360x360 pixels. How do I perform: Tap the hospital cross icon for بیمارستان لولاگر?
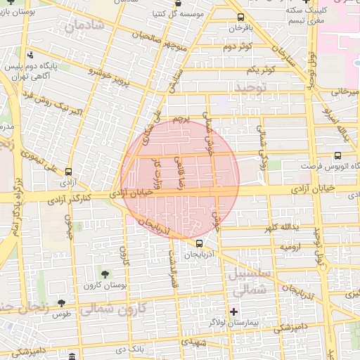tap(234, 311)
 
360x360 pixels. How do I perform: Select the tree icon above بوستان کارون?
tap(105, 274)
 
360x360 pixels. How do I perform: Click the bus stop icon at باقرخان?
tap(241, 18)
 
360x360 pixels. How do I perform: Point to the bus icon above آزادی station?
tap(68, 172)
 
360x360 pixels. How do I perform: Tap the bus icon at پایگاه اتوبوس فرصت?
tap(338, 156)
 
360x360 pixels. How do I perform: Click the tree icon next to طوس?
tap(61, 303)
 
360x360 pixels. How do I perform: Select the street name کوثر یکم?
tap(261, 70)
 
